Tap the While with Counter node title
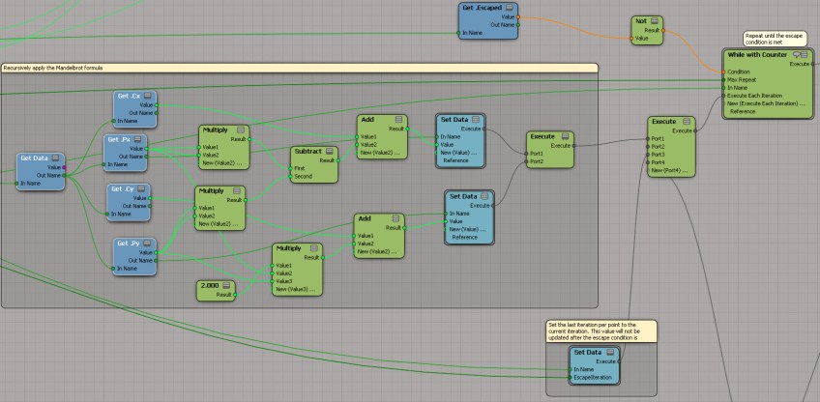pos(757,54)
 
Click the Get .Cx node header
pos(130,96)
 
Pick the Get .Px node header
pos(120,140)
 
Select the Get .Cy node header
pos(123,188)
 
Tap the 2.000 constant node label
pos(207,286)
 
